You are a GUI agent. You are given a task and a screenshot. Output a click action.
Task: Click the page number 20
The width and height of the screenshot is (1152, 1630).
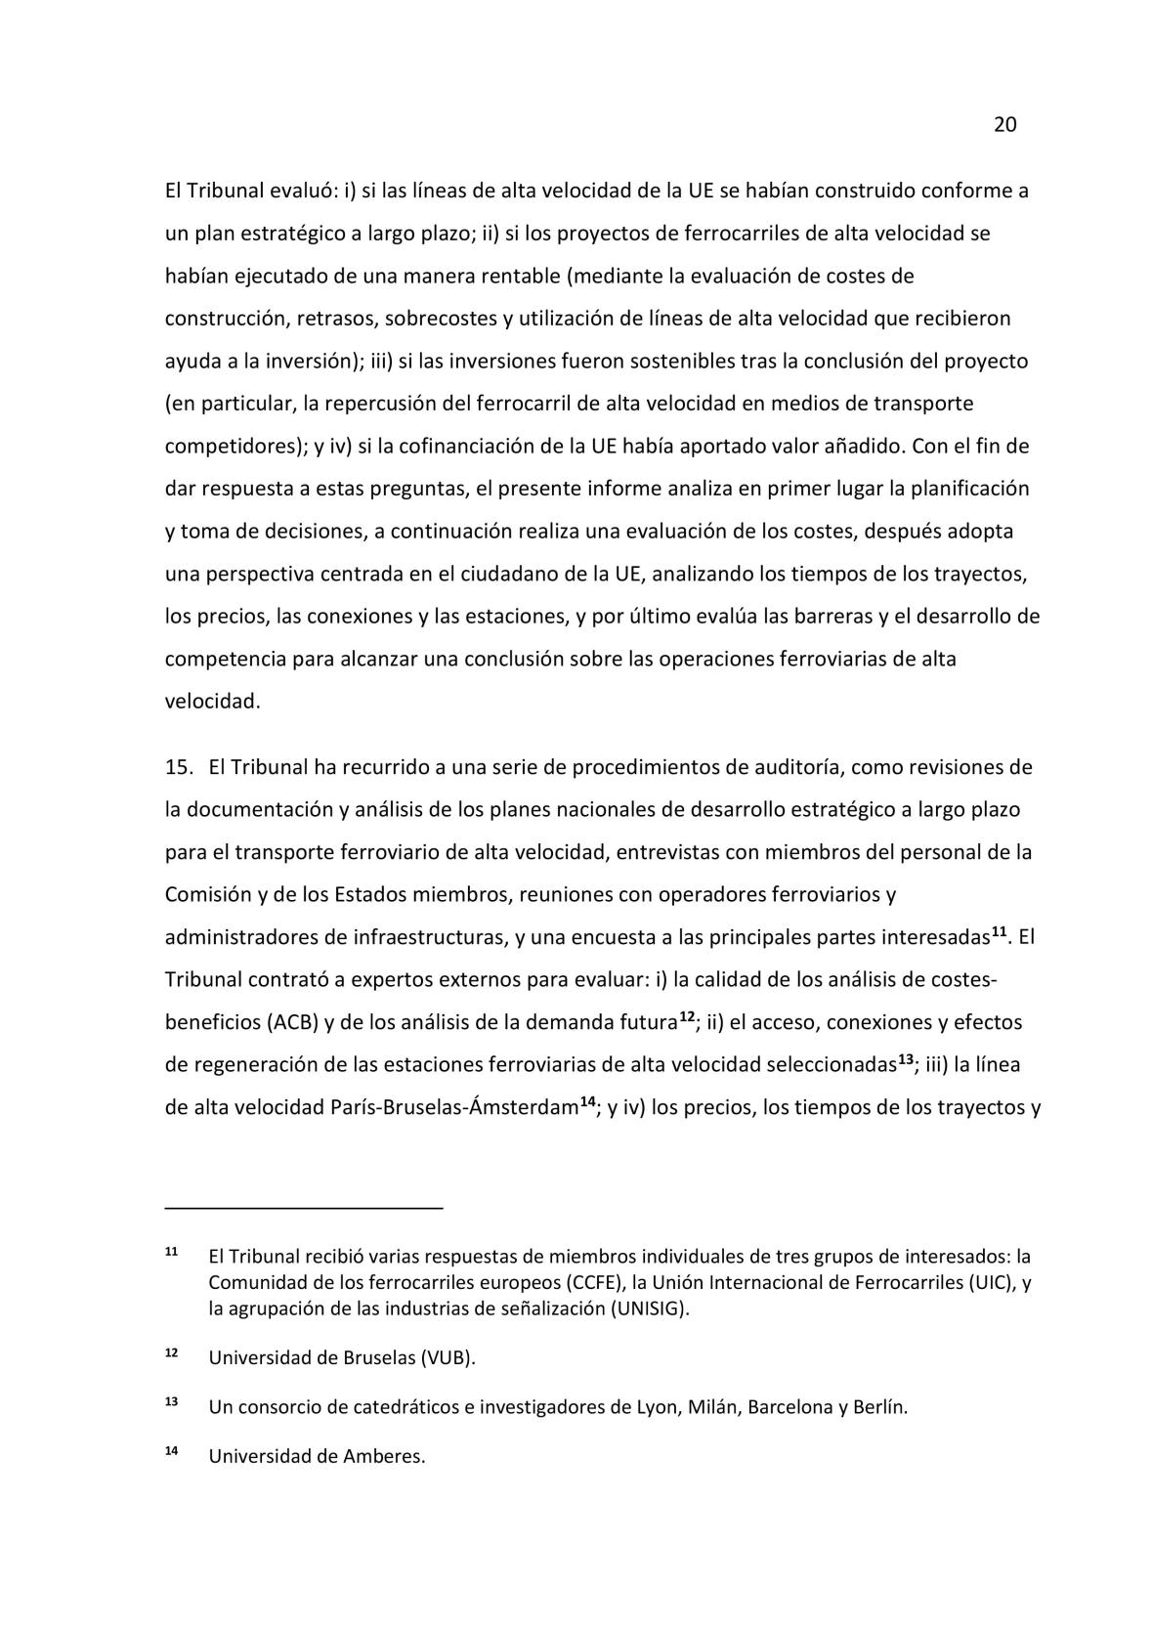(x=1004, y=125)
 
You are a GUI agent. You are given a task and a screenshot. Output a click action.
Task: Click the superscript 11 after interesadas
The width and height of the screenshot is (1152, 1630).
(x=1000, y=932)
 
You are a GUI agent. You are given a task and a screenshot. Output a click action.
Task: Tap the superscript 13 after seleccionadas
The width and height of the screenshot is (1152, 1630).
(x=906, y=1060)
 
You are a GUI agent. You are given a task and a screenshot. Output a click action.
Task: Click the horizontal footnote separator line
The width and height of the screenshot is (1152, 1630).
(x=304, y=1209)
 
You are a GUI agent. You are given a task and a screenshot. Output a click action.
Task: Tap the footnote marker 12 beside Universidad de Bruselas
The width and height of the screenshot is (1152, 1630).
(x=171, y=1354)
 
